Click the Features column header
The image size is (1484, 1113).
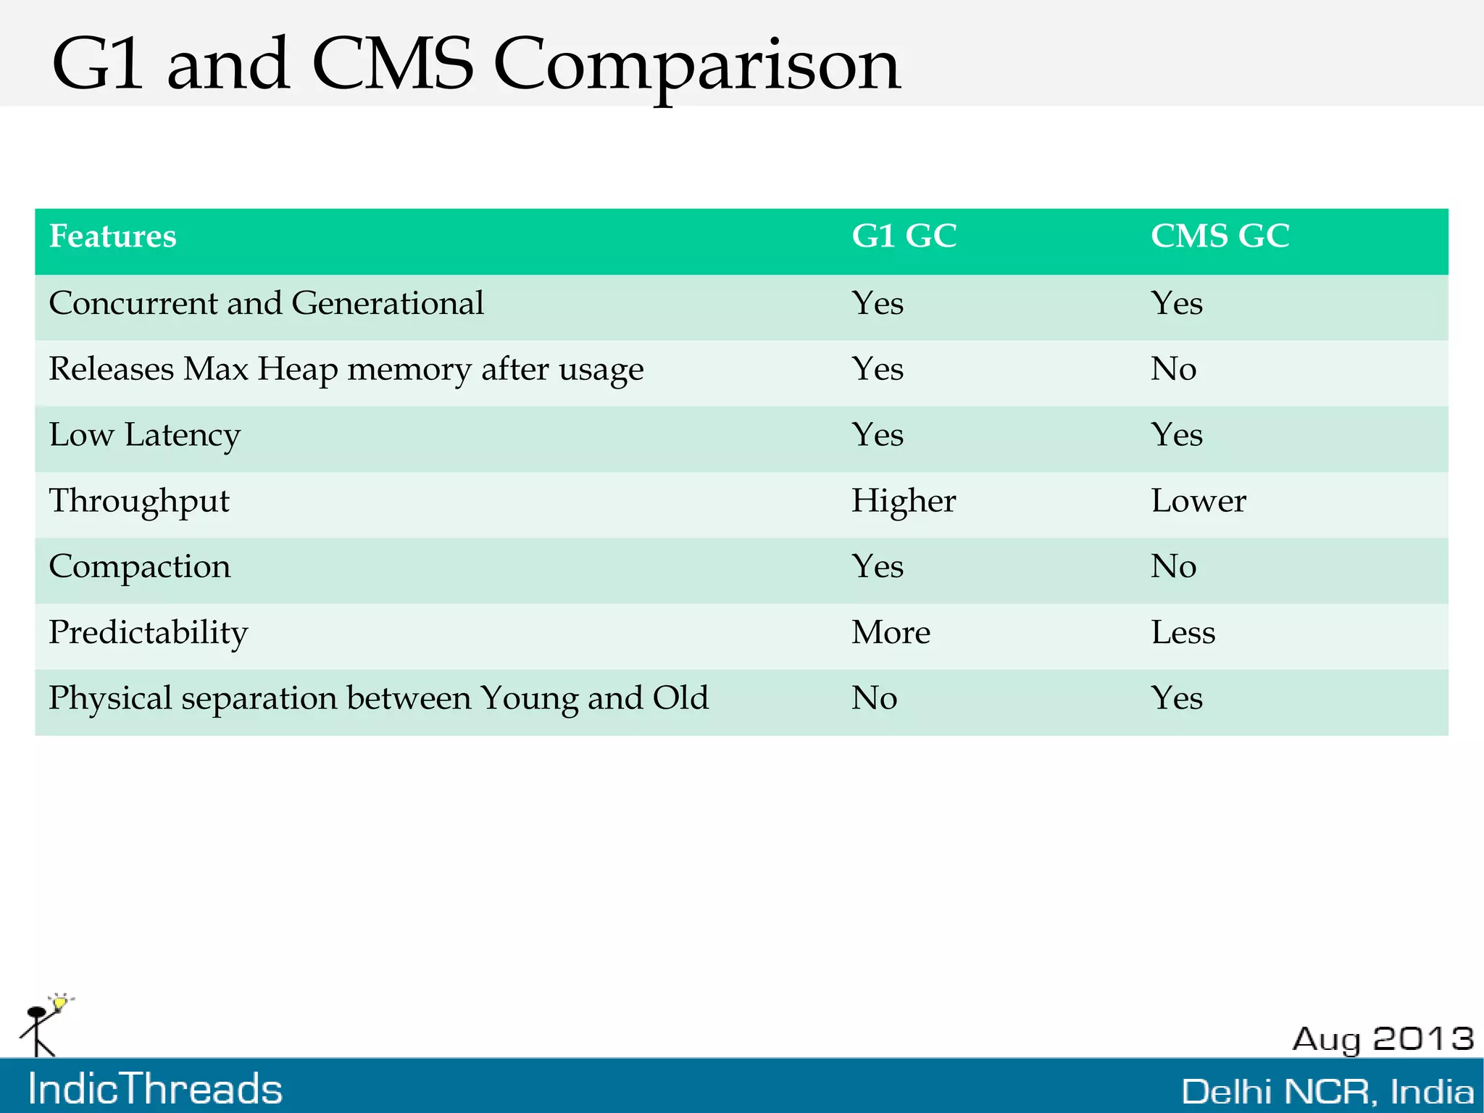pyautogui.click(x=112, y=236)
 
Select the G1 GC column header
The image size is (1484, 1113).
pyautogui.click(x=904, y=236)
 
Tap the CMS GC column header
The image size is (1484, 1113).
pyautogui.click(x=1220, y=236)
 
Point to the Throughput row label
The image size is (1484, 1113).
pyautogui.click(x=138, y=501)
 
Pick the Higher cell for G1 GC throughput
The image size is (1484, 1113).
pyautogui.click(x=903, y=501)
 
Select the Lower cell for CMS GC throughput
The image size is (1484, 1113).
pyautogui.click(x=1198, y=501)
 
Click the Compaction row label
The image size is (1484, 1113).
pyautogui.click(x=139, y=566)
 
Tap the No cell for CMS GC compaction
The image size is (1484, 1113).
pyautogui.click(x=1173, y=566)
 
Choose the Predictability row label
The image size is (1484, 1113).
pyautogui.click(x=148, y=632)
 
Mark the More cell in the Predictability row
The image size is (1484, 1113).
pyautogui.click(x=890, y=632)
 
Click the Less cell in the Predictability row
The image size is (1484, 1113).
pyautogui.click(x=1183, y=632)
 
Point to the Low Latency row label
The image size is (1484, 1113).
pyautogui.click(x=144, y=435)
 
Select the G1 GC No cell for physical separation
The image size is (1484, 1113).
pyautogui.click(x=874, y=698)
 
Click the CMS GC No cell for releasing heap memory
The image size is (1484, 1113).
pyautogui.click(x=1173, y=369)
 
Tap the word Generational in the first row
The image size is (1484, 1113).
pyautogui.click(x=387, y=303)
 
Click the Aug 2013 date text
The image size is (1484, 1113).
pyautogui.click(x=1383, y=1039)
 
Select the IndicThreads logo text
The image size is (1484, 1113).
pyautogui.click(x=155, y=1089)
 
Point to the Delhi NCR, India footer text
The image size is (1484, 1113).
pyautogui.click(x=1327, y=1092)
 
